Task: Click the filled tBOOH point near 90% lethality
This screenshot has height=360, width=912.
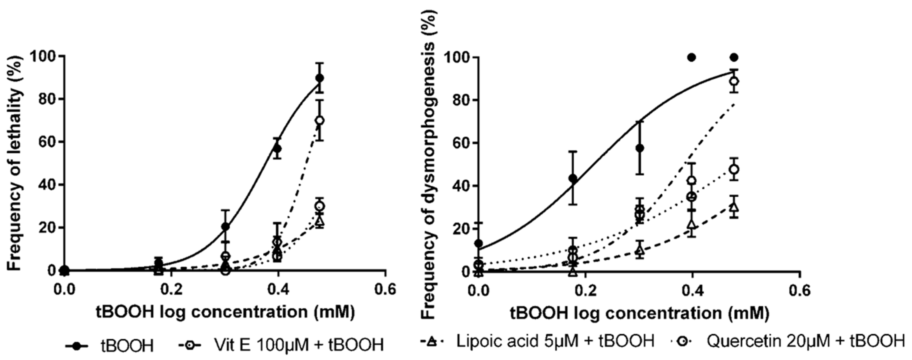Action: point(320,78)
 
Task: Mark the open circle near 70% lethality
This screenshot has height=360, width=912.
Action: point(320,120)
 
